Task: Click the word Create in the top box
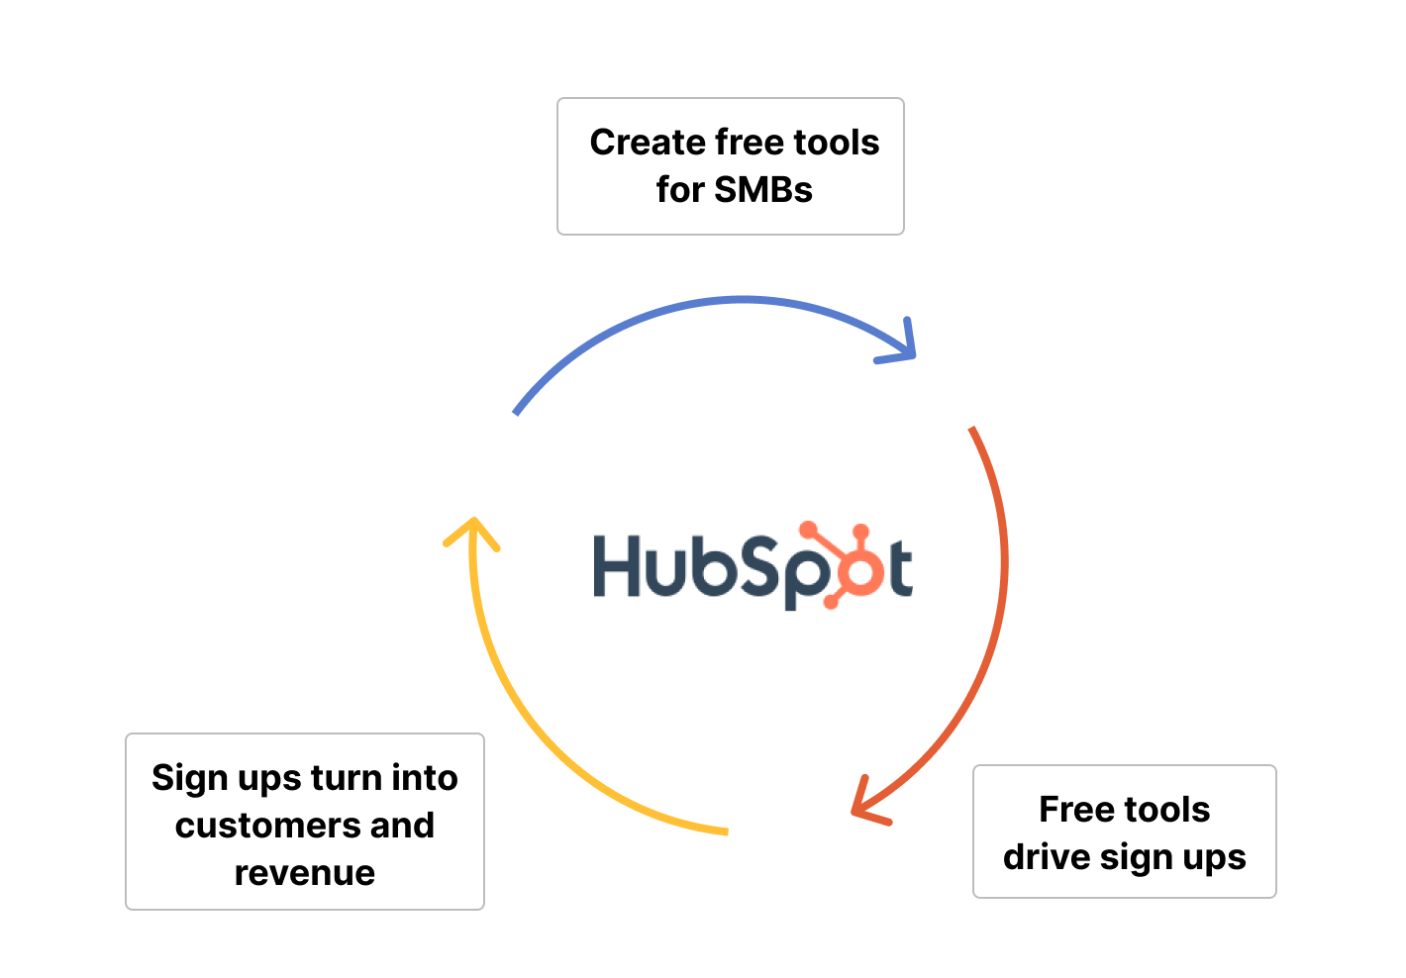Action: (x=647, y=143)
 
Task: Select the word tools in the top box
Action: (x=836, y=143)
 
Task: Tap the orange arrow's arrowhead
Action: (x=865, y=804)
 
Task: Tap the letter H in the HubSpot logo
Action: (x=619, y=567)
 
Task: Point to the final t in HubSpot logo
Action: (x=899, y=570)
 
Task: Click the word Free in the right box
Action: (x=1075, y=810)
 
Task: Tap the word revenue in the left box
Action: (x=305, y=873)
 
